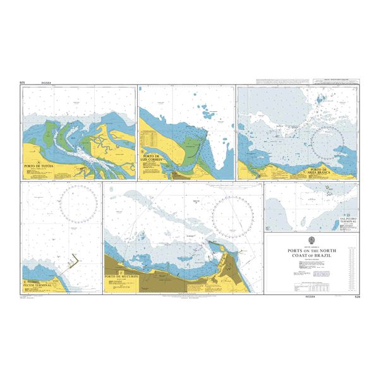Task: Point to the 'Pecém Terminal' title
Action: [x=38, y=286]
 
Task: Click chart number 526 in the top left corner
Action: [x=23, y=83]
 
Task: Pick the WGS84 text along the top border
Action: [x=45, y=83]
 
